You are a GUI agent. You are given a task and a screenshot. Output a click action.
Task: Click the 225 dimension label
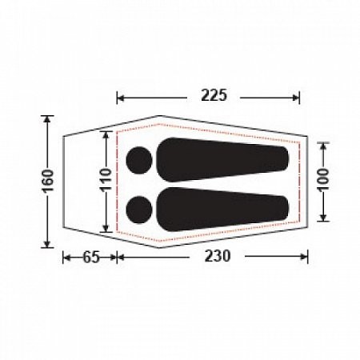coord(214,95)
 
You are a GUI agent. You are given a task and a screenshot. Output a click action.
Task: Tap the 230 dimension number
coord(217,256)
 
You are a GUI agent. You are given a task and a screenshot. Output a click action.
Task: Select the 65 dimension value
coord(91,258)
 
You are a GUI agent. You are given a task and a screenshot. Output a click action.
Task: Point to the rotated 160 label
coord(48,181)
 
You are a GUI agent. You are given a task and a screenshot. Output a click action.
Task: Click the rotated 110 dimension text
coord(106,179)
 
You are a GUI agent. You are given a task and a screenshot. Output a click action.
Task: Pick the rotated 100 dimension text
coord(323,180)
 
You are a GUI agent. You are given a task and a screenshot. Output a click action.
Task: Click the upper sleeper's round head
coord(139,160)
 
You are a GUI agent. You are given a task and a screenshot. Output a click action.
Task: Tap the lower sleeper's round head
coord(139,210)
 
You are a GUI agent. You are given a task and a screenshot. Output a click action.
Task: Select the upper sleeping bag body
coord(222,160)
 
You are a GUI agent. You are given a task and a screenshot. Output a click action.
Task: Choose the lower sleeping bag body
coord(222,210)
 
